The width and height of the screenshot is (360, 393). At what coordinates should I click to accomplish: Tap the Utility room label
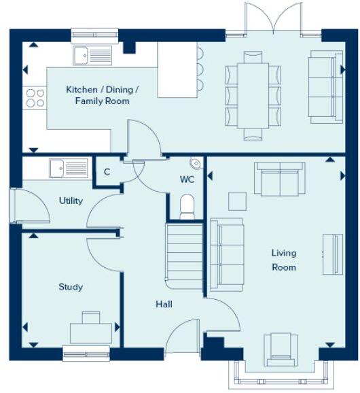tap(71, 201)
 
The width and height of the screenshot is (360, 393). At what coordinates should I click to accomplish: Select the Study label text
tap(71, 287)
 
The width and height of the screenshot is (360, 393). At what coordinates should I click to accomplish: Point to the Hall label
tap(163, 304)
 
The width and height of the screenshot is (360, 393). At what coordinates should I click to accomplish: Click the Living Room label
tap(284, 260)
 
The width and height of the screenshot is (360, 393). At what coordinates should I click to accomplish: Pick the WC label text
tap(187, 180)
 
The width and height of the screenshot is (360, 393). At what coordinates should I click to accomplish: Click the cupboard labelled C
tap(107, 171)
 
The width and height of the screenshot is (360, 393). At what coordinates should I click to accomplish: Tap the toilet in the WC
tap(187, 206)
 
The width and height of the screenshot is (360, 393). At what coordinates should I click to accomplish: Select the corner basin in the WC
tap(196, 163)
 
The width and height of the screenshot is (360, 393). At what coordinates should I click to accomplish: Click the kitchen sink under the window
tap(92, 54)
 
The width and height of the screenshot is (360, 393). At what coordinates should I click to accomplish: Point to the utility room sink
tap(68, 167)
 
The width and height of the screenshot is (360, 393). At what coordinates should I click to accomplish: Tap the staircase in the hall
tap(184, 255)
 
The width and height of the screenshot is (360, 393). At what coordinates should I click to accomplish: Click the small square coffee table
tap(237, 201)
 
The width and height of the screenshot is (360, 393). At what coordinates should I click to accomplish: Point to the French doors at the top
tap(274, 19)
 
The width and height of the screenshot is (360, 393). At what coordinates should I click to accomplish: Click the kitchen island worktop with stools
tap(177, 69)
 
